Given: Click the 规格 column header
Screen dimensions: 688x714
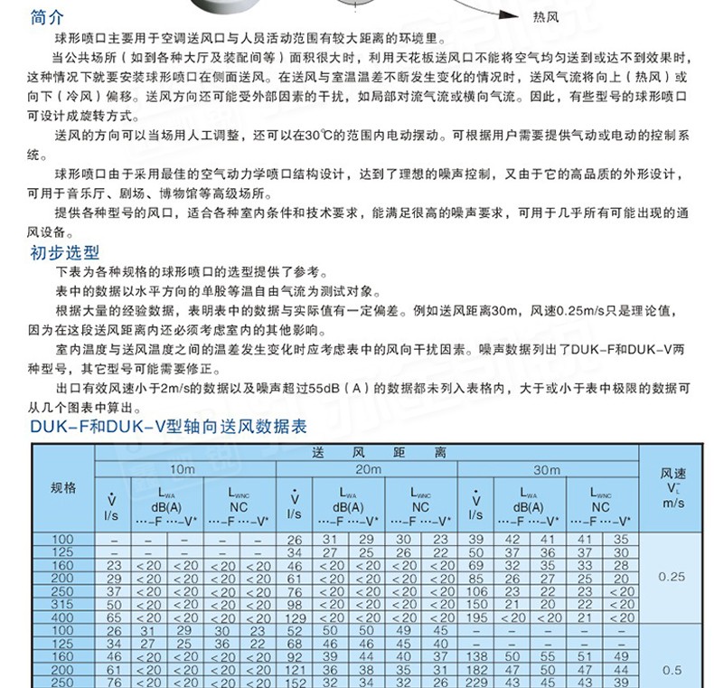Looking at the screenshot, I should pyautogui.click(x=63, y=488).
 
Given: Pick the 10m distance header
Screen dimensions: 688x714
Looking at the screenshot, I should pyautogui.click(x=182, y=470).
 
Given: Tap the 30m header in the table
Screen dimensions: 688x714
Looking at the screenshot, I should pyautogui.click(x=547, y=470).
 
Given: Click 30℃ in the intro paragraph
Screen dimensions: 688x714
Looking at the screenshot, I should pyautogui.click(x=316, y=135).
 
